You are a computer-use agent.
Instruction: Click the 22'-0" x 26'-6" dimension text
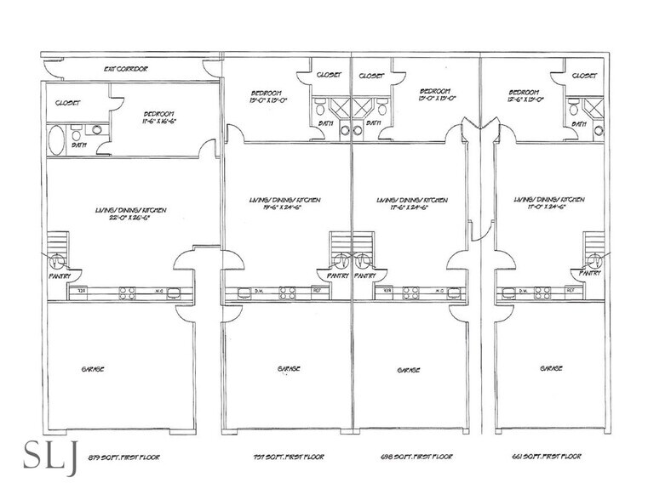pos(130,218)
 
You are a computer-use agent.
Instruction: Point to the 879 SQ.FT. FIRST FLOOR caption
pos(123,457)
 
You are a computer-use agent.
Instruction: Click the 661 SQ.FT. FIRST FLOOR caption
pos(553,457)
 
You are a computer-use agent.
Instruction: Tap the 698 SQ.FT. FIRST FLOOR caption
pos(416,457)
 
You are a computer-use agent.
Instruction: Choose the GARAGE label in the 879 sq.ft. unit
pos(93,368)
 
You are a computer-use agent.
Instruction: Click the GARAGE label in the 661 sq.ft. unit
pos(551,368)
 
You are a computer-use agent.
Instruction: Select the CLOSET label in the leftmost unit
pos(67,103)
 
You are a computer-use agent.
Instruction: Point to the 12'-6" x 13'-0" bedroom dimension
pos(523,99)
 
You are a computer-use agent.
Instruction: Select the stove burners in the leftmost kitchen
pos(127,293)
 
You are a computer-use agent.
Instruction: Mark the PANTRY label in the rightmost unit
pos(590,273)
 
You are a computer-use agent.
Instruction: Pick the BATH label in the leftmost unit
pos(78,145)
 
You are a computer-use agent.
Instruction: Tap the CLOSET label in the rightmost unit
pos(584,76)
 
